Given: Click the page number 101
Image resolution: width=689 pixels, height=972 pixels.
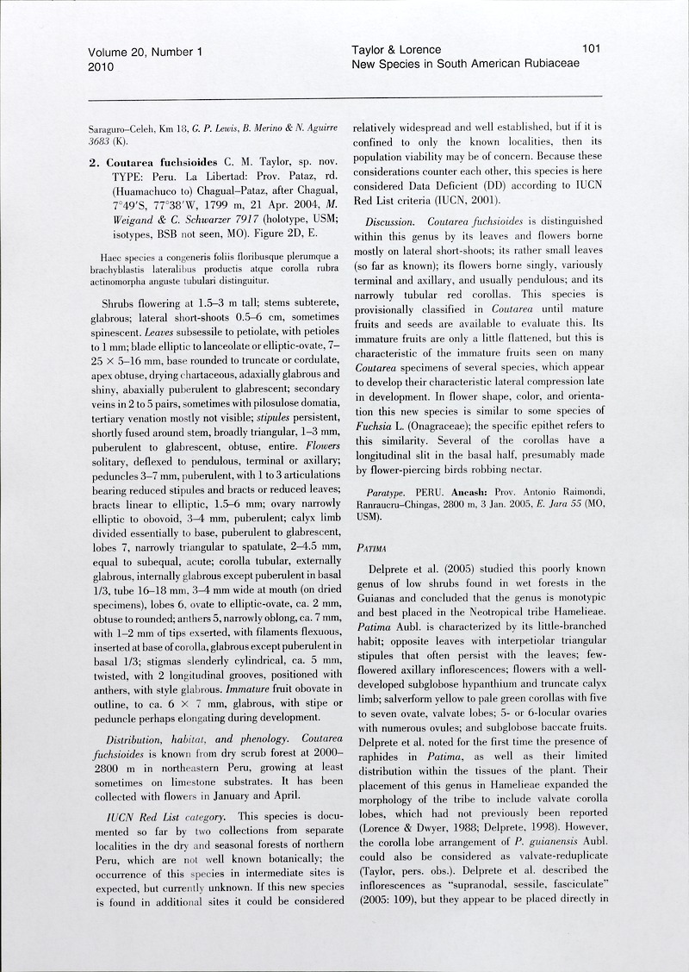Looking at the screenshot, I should point(591,50).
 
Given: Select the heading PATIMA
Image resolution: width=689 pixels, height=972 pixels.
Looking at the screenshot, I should point(369,546).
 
